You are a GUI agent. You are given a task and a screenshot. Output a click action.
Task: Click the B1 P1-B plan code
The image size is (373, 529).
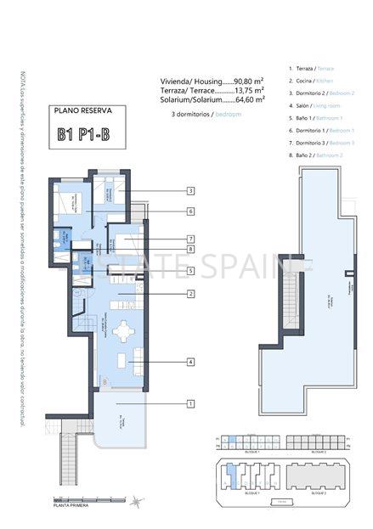pos(88,134)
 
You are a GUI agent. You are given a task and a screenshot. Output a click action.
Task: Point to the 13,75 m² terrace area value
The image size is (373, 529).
pos(247,89)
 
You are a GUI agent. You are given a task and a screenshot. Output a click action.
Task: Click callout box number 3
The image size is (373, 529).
pos(191,191)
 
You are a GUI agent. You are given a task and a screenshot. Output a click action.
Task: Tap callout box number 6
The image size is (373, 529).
pos(191,211)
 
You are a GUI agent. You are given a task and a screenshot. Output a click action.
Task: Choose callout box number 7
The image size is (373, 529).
pos(191,239)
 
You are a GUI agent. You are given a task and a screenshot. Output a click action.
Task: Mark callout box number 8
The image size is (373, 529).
pos(191,249)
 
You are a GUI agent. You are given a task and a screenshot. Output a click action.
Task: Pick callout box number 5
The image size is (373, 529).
pos(191,271)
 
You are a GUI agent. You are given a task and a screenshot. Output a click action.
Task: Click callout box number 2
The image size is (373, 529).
pos(191,294)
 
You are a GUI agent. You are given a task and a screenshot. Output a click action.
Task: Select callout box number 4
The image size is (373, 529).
pos(191,362)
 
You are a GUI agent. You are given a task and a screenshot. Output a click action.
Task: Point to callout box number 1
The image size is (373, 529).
pos(191,403)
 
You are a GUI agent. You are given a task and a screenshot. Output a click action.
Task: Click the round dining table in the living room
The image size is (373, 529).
pos(124,329)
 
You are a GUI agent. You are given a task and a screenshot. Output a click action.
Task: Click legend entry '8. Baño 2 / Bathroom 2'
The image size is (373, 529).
pos(318,155)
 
